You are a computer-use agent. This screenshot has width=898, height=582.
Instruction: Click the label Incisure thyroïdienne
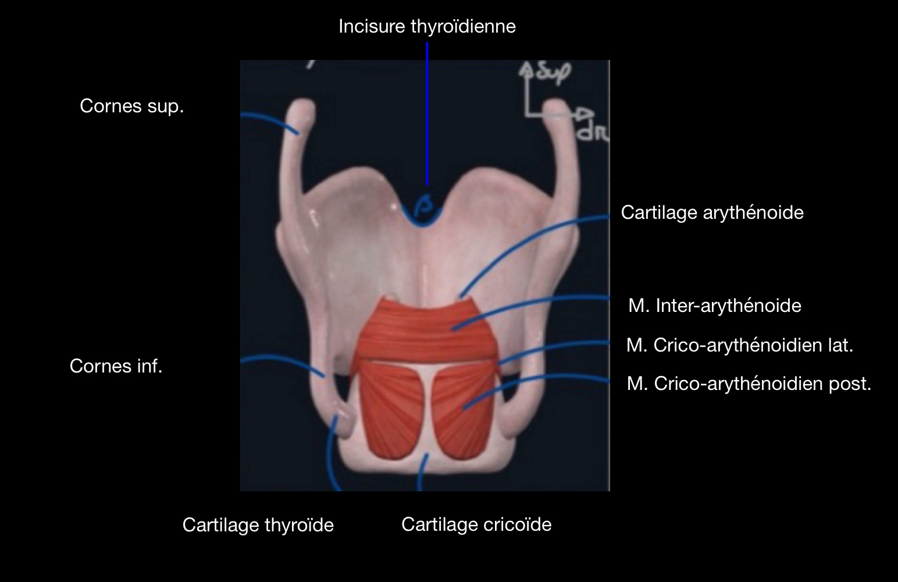(x=427, y=27)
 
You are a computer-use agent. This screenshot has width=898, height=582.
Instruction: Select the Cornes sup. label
(x=131, y=106)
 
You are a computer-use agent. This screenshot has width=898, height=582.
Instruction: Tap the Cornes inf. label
(x=116, y=366)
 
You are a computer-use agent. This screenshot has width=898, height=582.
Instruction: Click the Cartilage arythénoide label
(x=712, y=212)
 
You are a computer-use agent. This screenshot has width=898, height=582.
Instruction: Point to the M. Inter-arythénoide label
(x=715, y=306)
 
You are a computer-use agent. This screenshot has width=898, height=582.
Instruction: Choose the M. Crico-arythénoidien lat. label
(x=740, y=345)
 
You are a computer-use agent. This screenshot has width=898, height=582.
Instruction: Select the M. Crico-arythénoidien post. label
(x=749, y=384)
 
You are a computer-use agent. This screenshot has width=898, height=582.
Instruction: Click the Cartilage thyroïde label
(x=258, y=525)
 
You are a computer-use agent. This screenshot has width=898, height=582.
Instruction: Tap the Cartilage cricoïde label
(x=476, y=524)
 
